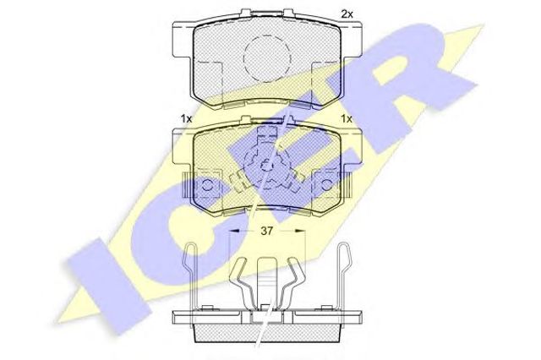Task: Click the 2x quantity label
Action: click(x=347, y=14)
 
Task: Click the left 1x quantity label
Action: click(x=186, y=119)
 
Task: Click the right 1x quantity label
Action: click(x=347, y=119)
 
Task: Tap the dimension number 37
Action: click(x=267, y=231)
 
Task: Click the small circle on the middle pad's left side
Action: click(x=207, y=186)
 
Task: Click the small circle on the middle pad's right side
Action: click(x=327, y=186)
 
